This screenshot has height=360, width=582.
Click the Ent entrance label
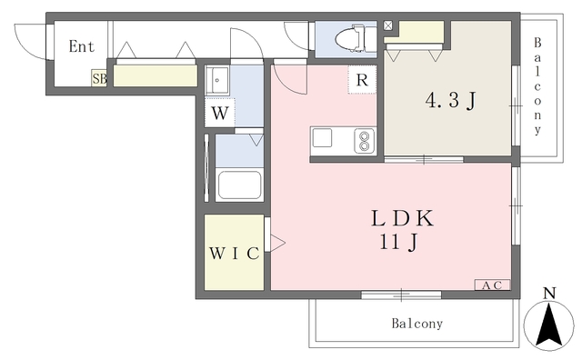tap(82, 46)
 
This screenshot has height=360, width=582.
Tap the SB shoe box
tap(99, 78)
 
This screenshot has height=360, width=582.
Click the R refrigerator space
tap(362, 80)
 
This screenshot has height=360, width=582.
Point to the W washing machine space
tap(220, 113)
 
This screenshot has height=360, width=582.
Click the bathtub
tap(239, 185)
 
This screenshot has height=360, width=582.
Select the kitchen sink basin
tap(322, 138)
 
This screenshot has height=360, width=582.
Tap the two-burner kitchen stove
tap(364, 141)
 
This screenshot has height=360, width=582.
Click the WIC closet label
tap(235, 253)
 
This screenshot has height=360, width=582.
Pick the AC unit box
tap(492, 285)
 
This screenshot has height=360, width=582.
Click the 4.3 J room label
tap(451, 100)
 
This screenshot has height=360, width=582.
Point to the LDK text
tap(402, 218)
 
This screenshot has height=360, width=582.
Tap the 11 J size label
tap(398, 243)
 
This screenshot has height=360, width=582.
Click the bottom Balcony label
tap(417, 324)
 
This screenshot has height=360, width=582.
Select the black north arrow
tap(549, 324)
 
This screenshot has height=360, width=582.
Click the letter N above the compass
tap(549, 294)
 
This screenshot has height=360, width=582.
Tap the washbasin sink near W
tap(216, 79)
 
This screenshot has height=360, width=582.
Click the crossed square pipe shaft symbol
tap(387, 25)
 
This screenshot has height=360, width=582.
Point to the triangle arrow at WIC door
tap(277, 243)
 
